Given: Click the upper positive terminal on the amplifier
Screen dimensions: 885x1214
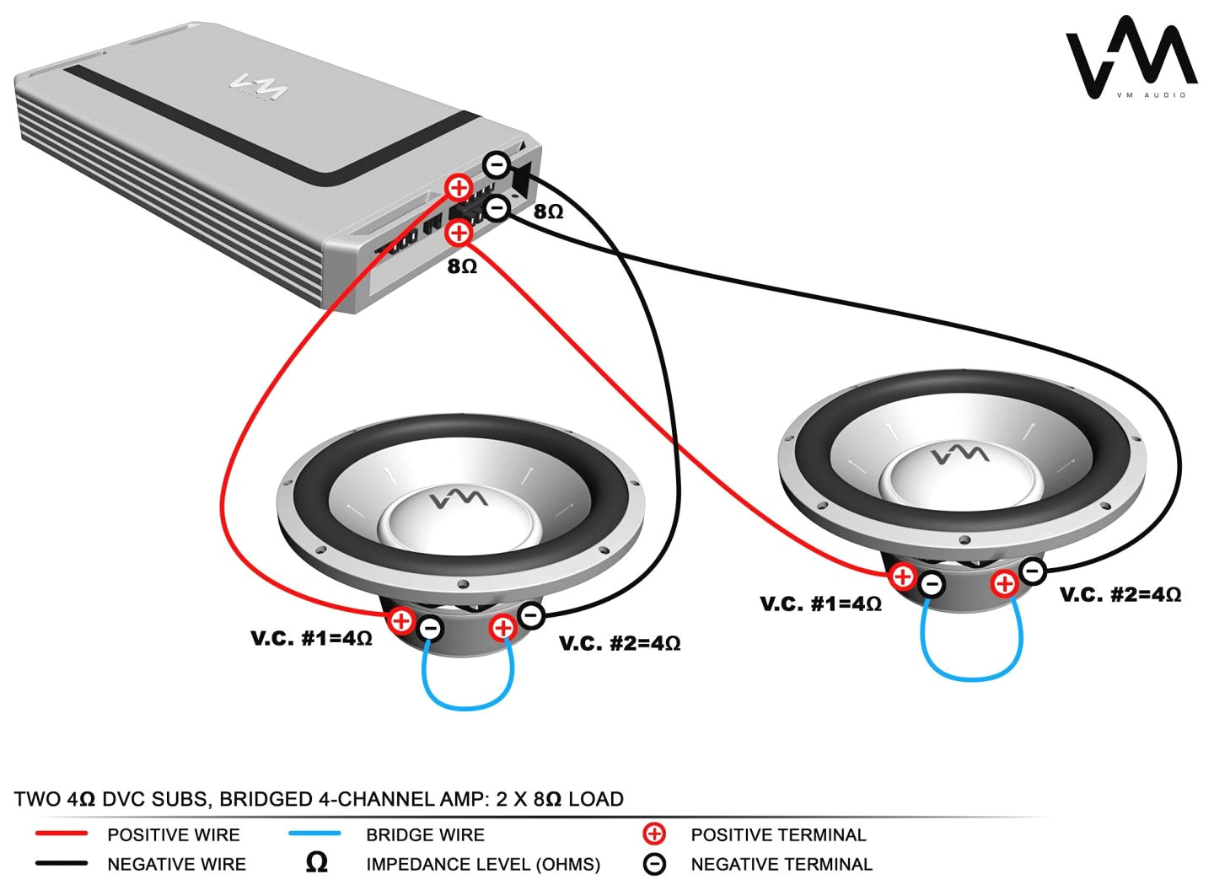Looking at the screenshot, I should [459, 186].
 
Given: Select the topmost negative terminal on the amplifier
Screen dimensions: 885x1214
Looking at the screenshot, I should [497, 164].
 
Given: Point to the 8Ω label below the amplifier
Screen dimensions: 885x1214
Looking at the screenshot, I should [462, 266].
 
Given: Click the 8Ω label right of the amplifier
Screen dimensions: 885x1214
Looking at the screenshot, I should [548, 212].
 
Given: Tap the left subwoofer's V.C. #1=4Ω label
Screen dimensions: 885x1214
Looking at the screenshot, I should [311, 638].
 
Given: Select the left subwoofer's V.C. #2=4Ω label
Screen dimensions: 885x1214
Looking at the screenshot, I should [620, 644].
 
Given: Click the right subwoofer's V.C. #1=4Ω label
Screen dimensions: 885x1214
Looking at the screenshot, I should [820, 603].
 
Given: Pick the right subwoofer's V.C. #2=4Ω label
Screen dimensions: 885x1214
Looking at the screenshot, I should [1120, 595].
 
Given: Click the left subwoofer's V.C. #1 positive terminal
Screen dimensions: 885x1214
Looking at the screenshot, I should [401, 622].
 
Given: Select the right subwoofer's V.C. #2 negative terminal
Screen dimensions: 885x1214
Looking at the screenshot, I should [1033, 571].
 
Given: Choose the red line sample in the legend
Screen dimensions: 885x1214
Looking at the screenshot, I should [62, 834].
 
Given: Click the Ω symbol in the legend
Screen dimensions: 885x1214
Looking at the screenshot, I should [316, 863].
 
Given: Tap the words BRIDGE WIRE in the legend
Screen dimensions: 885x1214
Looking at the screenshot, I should [425, 834].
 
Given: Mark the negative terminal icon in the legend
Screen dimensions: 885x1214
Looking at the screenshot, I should [654, 864].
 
